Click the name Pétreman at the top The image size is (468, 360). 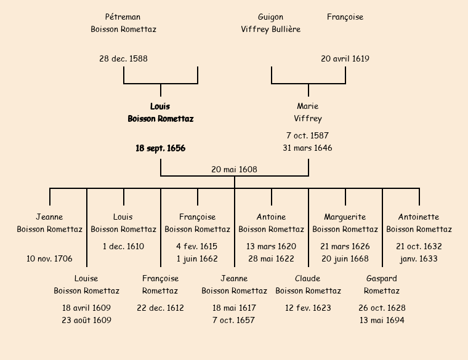pyautogui.click(x=123, y=17)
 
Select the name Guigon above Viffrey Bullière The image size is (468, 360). pyautogui.click(x=271, y=17)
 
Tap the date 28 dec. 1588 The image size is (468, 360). pyautogui.click(x=123, y=59)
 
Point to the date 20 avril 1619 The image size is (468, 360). pyautogui.click(x=345, y=59)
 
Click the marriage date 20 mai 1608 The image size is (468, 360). pyautogui.click(x=234, y=169)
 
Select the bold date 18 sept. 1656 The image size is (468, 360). pyautogui.click(x=160, y=148)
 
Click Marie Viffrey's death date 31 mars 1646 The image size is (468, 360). pyautogui.click(x=308, y=148)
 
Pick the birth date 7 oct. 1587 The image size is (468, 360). pyautogui.click(x=308, y=135)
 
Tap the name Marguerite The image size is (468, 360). pyautogui.click(x=345, y=217)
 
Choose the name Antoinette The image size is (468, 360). pyautogui.click(x=419, y=217)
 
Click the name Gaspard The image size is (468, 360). pyautogui.click(x=382, y=279)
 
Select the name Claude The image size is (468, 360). pyautogui.click(x=308, y=279)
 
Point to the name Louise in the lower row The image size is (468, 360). pyautogui.click(x=86, y=279)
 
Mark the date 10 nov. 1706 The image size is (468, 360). pyautogui.click(x=49, y=259)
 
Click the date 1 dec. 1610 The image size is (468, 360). pyautogui.click(x=123, y=247)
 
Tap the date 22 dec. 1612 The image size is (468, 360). pyautogui.click(x=160, y=308)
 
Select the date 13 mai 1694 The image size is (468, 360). pyautogui.click(x=382, y=321)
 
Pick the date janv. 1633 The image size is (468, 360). pyautogui.click(x=419, y=259)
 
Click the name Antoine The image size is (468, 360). pyautogui.click(x=271, y=217)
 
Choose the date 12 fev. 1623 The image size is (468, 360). pyautogui.click(x=308, y=308)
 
